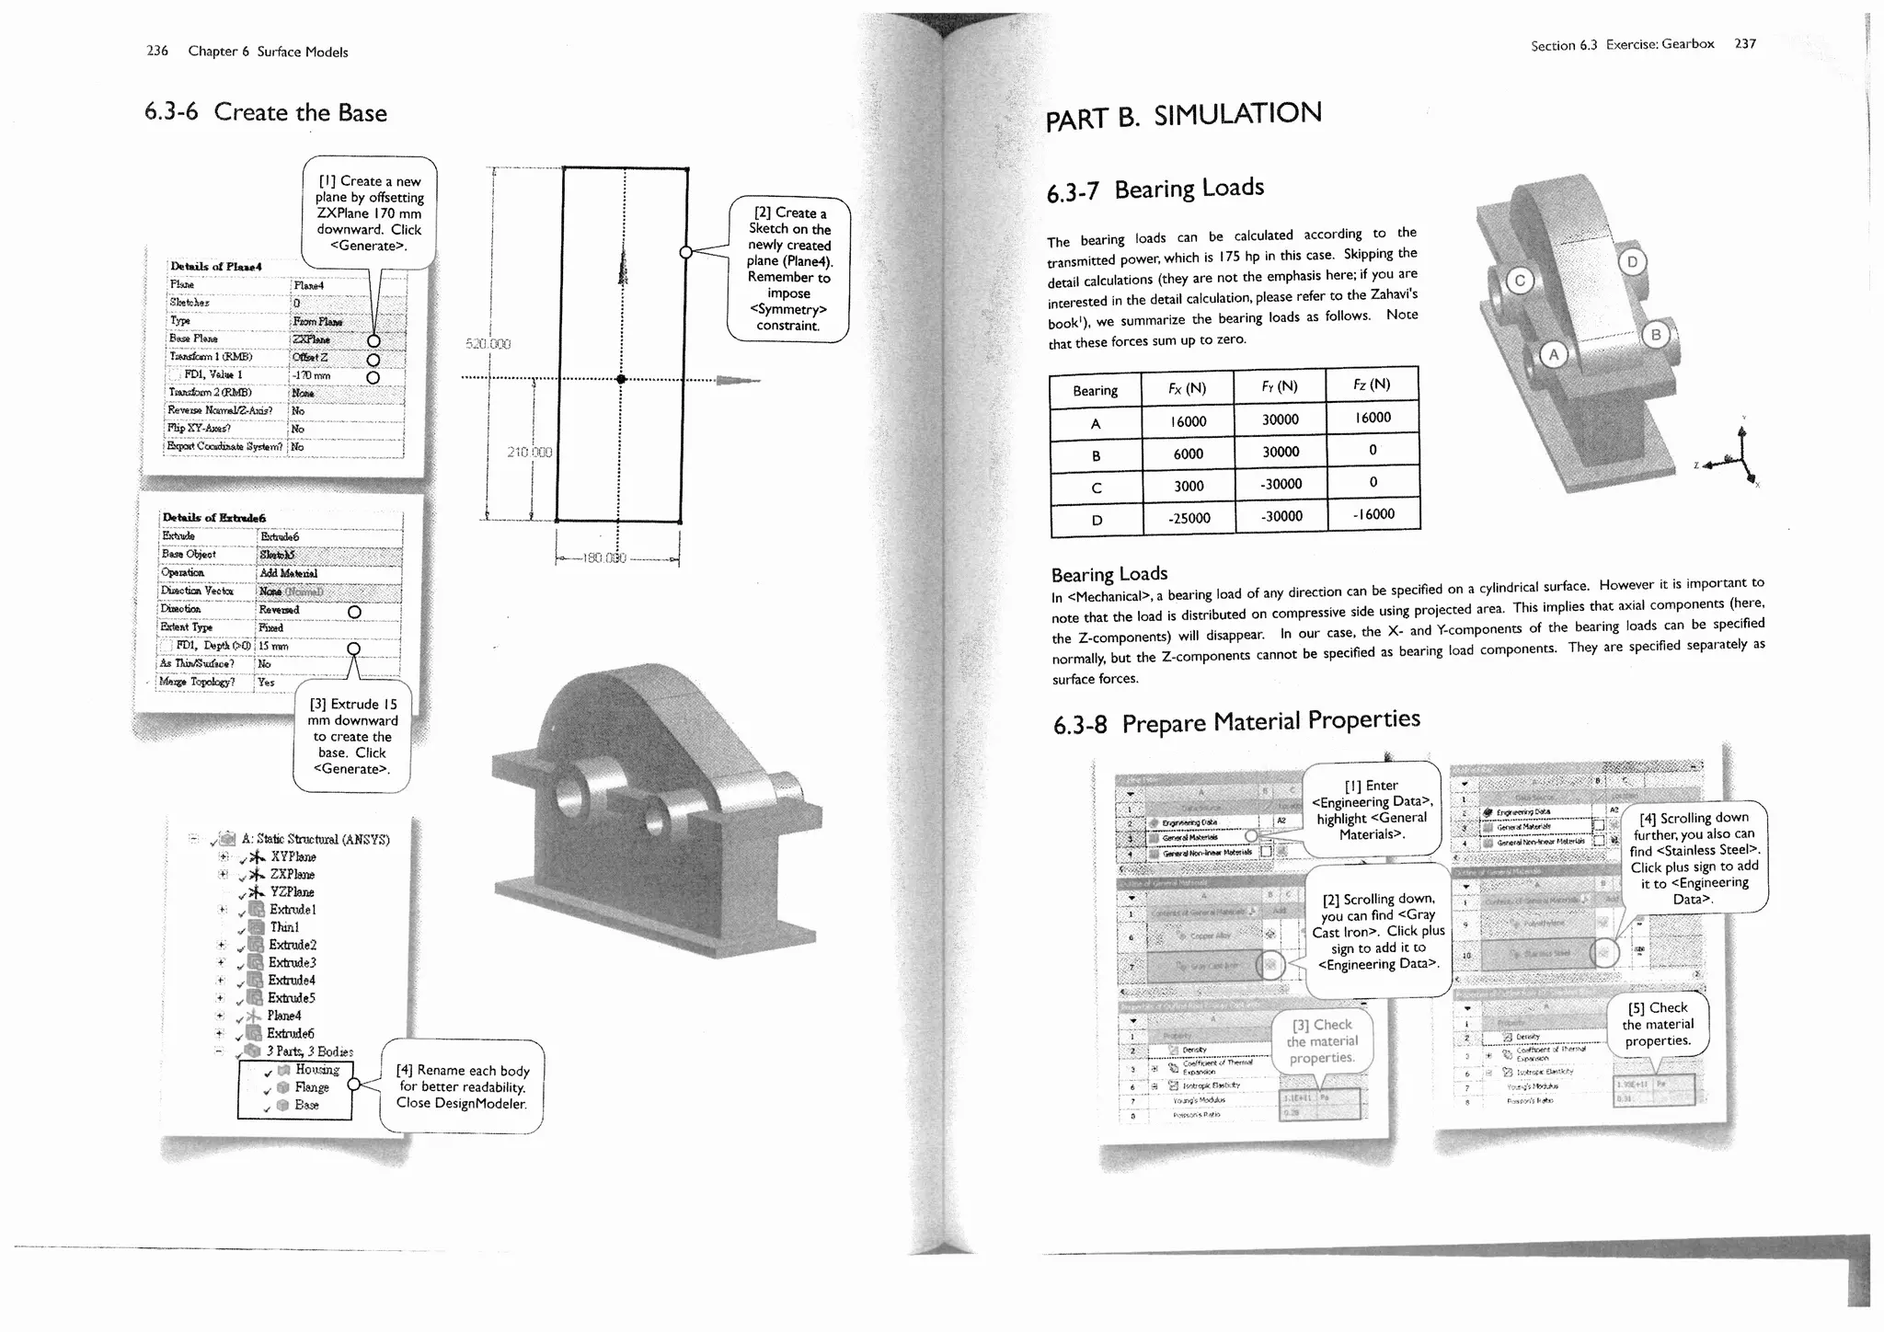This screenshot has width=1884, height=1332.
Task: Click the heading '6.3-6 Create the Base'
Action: tap(265, 113)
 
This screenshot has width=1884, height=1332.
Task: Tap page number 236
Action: tap(157, 51)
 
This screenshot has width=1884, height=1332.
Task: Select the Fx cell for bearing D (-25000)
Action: tap(1189, 518)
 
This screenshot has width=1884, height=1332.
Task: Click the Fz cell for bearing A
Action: tap(1373, 418)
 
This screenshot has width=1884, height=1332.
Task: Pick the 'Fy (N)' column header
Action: tap(1280, 386)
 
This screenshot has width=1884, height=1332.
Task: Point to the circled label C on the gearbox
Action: tap(1520, 281)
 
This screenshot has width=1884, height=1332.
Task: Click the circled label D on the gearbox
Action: tap(1632, 262)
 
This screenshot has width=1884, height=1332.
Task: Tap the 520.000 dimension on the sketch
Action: tap(488, 344)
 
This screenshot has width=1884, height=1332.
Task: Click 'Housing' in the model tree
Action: tap(316, 1070)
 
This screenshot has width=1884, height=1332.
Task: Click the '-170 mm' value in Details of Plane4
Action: tap(311, 375)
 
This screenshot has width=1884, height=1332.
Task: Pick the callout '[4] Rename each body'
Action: tap(462, 1086)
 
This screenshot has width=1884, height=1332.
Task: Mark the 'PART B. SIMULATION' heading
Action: tap(1183, 116)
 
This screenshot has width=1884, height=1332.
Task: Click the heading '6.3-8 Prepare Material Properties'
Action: tap(1236, 722)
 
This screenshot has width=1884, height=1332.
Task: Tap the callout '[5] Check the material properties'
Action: tap(1657, 1024)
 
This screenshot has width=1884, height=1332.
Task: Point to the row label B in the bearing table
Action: tap(1096, 455)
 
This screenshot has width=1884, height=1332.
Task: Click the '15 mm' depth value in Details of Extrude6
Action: tap(274, 646)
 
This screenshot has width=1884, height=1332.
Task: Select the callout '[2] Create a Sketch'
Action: tap(788, 269)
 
